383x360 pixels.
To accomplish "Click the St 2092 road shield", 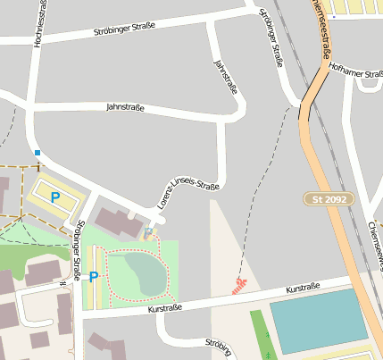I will point(329,198).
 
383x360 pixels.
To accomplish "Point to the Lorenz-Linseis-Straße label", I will point(188,188).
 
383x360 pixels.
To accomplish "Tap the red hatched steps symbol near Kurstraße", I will point(238,286).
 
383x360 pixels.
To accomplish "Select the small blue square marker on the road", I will point(37,153).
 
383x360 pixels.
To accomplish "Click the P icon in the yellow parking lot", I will point(54,197).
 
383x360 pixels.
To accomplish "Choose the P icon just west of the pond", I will point(94,276).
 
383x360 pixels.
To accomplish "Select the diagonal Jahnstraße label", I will point(227,77).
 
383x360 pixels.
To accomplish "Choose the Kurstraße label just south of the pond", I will point(165,308).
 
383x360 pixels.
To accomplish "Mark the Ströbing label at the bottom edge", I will point(218,347).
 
